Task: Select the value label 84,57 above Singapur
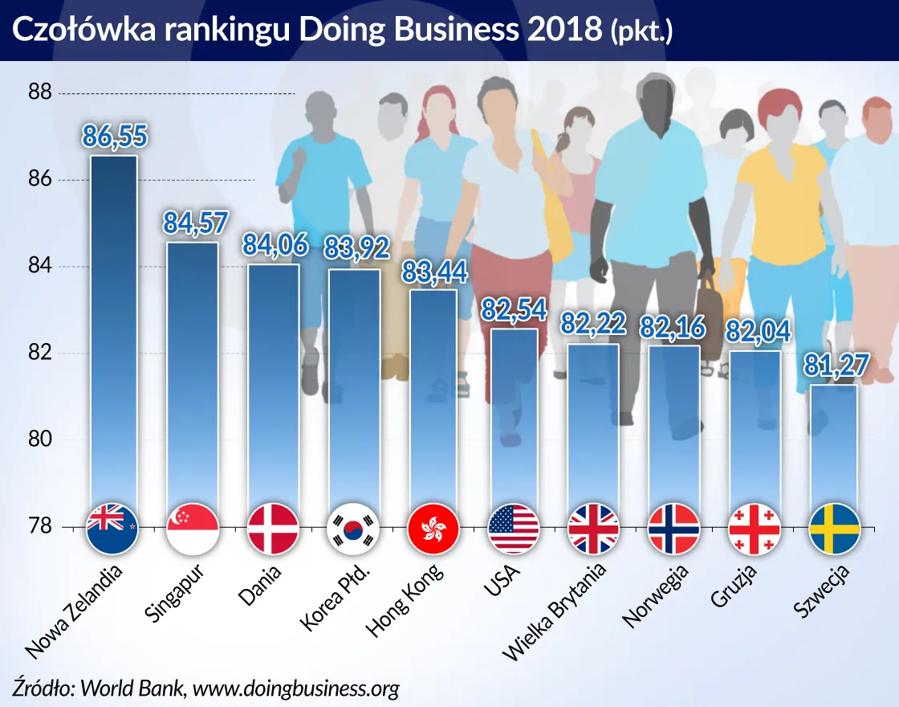tap(192, 223)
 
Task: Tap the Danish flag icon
tap(273, 529)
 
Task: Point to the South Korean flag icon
tap(353, 529)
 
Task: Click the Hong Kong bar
tap(433, 402)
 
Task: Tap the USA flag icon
tap(514, 529)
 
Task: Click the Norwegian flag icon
tap(674, 529)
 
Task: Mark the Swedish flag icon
tap(835, 529)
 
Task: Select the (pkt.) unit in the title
tap(641, 31)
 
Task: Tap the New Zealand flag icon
tap(112, 529)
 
